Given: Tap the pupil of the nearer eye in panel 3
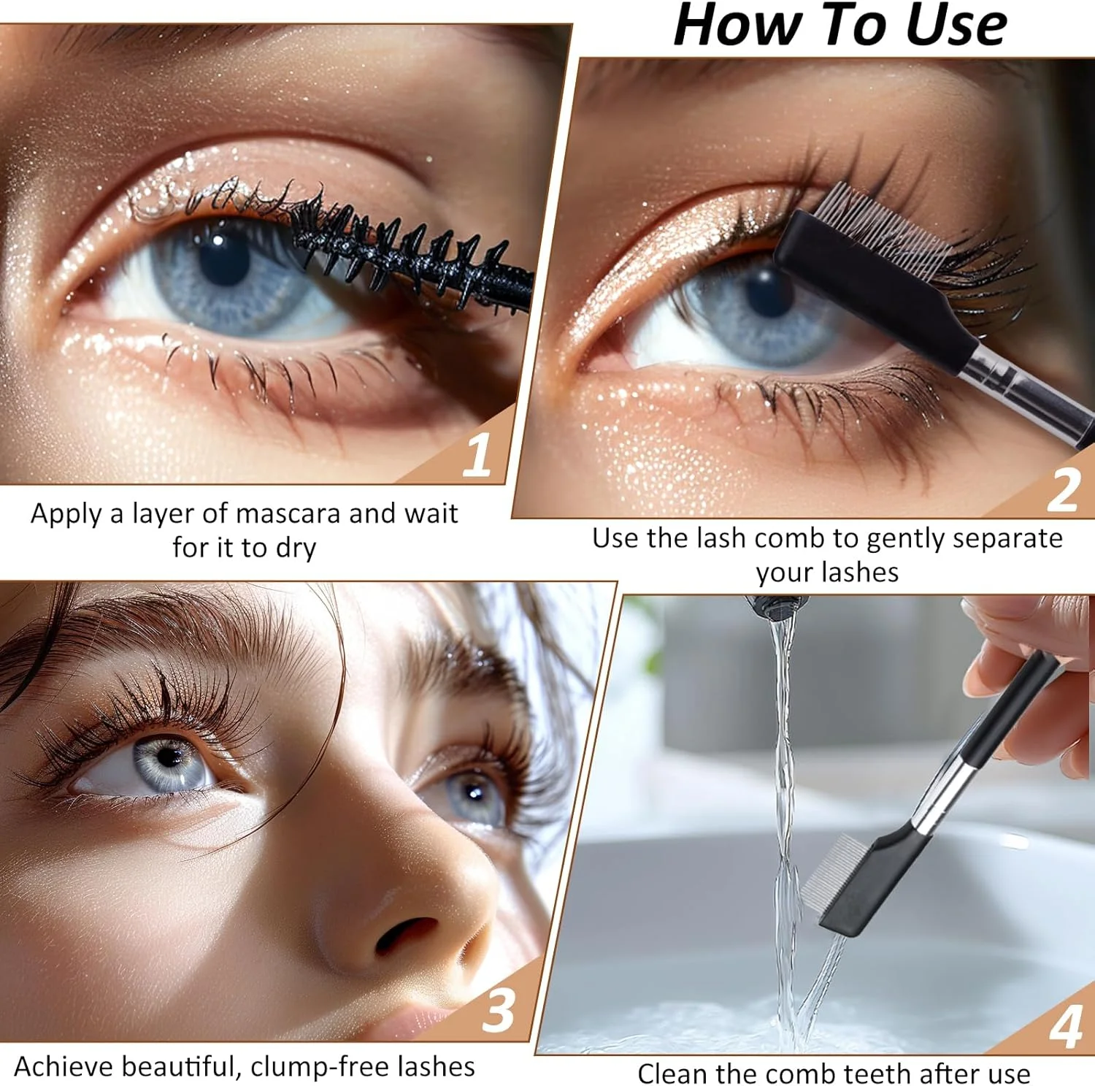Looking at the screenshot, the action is [x=169, y=757].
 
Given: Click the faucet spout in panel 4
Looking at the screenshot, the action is [x=777, y=606].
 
